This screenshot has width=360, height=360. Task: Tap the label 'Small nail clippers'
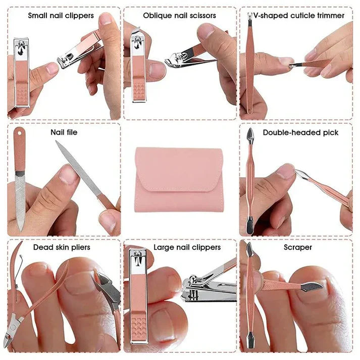click(61, 16)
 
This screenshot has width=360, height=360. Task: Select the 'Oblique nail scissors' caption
click(179, 16)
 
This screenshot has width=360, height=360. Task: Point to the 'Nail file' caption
click(64, 132)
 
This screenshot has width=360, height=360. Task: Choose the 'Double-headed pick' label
click(303, 132)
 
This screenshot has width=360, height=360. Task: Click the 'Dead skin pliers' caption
click(62, 247)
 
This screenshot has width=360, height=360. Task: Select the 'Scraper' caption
click(298, 247)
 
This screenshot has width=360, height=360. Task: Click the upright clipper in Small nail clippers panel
click(22, 71)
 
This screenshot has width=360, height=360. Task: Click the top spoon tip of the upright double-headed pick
click(250, 134)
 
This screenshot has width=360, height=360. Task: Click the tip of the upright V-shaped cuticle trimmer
click(250, 21)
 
